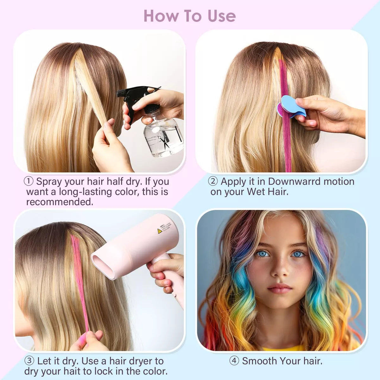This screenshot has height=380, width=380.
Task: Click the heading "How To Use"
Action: pyautogui.click(x=189, y=16)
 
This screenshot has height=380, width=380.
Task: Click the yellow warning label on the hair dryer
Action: pyautogui.click(x=160, y=231)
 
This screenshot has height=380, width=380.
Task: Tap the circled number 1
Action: pyautogui.click(x=28, y=181)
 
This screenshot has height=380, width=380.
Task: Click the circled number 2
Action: pyautogui.click(x=213, y=181)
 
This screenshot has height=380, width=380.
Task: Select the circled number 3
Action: pyautogui.click(x=29, y=361)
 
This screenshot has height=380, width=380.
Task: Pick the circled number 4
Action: pyautogui.click(x=234, y=361)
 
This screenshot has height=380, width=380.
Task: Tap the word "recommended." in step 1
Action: pyautogui.click(x=60, y=202)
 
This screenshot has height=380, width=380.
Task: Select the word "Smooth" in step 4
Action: pyautogui.click(x=259, y=361)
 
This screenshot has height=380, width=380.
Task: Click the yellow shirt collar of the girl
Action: pyautogui.click(x=282, y=348)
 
